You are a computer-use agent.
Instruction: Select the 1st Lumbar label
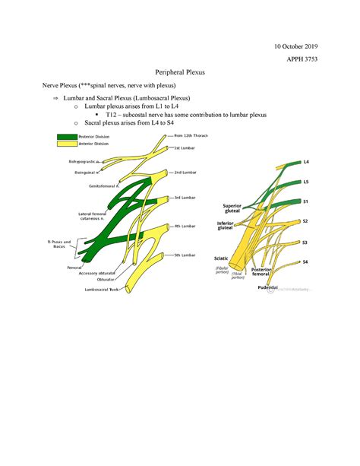click(x=186, y=148)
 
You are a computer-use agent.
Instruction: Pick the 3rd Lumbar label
click(x=186, y=197)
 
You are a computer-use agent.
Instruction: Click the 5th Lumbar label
click(x=186, y=255)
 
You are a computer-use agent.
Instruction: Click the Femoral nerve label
click(x=74, y=268)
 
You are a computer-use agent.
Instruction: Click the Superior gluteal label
click(x=232, y=208)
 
